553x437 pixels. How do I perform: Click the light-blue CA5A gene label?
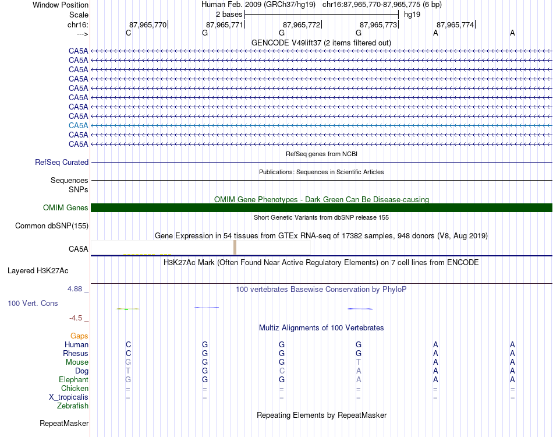point(78,125)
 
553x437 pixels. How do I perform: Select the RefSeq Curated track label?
point(62,163)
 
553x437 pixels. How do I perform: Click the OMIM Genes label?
point(65,208)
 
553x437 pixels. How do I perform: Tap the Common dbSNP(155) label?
point(52,226)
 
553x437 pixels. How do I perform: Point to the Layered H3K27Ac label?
point(38,271)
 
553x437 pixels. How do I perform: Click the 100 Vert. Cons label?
point(33,304)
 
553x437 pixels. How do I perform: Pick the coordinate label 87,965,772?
point(302,24)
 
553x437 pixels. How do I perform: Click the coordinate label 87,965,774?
point(455,24)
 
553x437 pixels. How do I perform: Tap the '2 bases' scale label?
point(229,14)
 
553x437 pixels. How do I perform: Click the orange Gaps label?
point(79,336)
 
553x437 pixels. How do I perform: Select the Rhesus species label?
point(76,354)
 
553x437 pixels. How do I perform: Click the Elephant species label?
point(73,380)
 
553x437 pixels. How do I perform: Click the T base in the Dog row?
point(128,371)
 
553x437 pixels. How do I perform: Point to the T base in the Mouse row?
point(359,362)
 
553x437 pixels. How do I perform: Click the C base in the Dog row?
point(282,371)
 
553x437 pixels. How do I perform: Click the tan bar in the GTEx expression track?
point(235,248)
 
